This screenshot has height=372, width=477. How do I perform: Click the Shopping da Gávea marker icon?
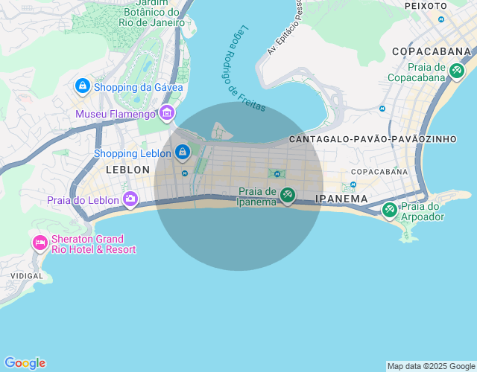coord(82,86)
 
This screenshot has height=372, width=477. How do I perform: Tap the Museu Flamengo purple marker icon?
coord(167,113)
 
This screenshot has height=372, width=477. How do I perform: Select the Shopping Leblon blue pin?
coord(183,153)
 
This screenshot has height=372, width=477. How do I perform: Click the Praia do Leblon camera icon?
coord(130,199)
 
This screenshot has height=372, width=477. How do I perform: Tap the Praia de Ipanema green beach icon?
coord(288,195)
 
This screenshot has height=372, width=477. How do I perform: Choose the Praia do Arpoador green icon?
coord(389,211)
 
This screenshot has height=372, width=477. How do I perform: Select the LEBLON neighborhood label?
coord(127,170)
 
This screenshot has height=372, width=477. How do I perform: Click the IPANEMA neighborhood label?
coord(341,199)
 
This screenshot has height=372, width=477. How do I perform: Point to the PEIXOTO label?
coord(426,5)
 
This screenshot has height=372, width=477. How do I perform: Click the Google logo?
coord(25,363)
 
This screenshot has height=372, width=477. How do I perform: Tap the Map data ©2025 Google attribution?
coord(431,366)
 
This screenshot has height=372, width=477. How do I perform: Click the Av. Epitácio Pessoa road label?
coord(285,28)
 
